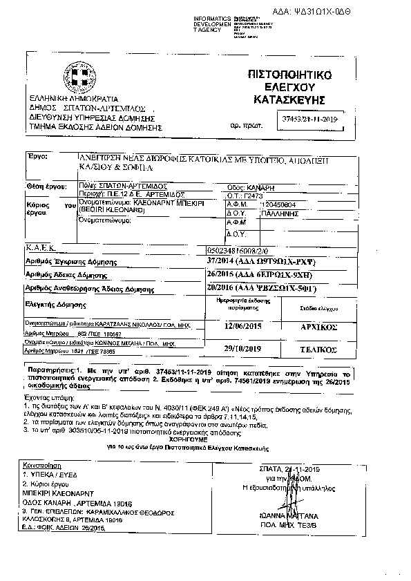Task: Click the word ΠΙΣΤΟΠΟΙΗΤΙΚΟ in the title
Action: (x=290, y=74)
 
